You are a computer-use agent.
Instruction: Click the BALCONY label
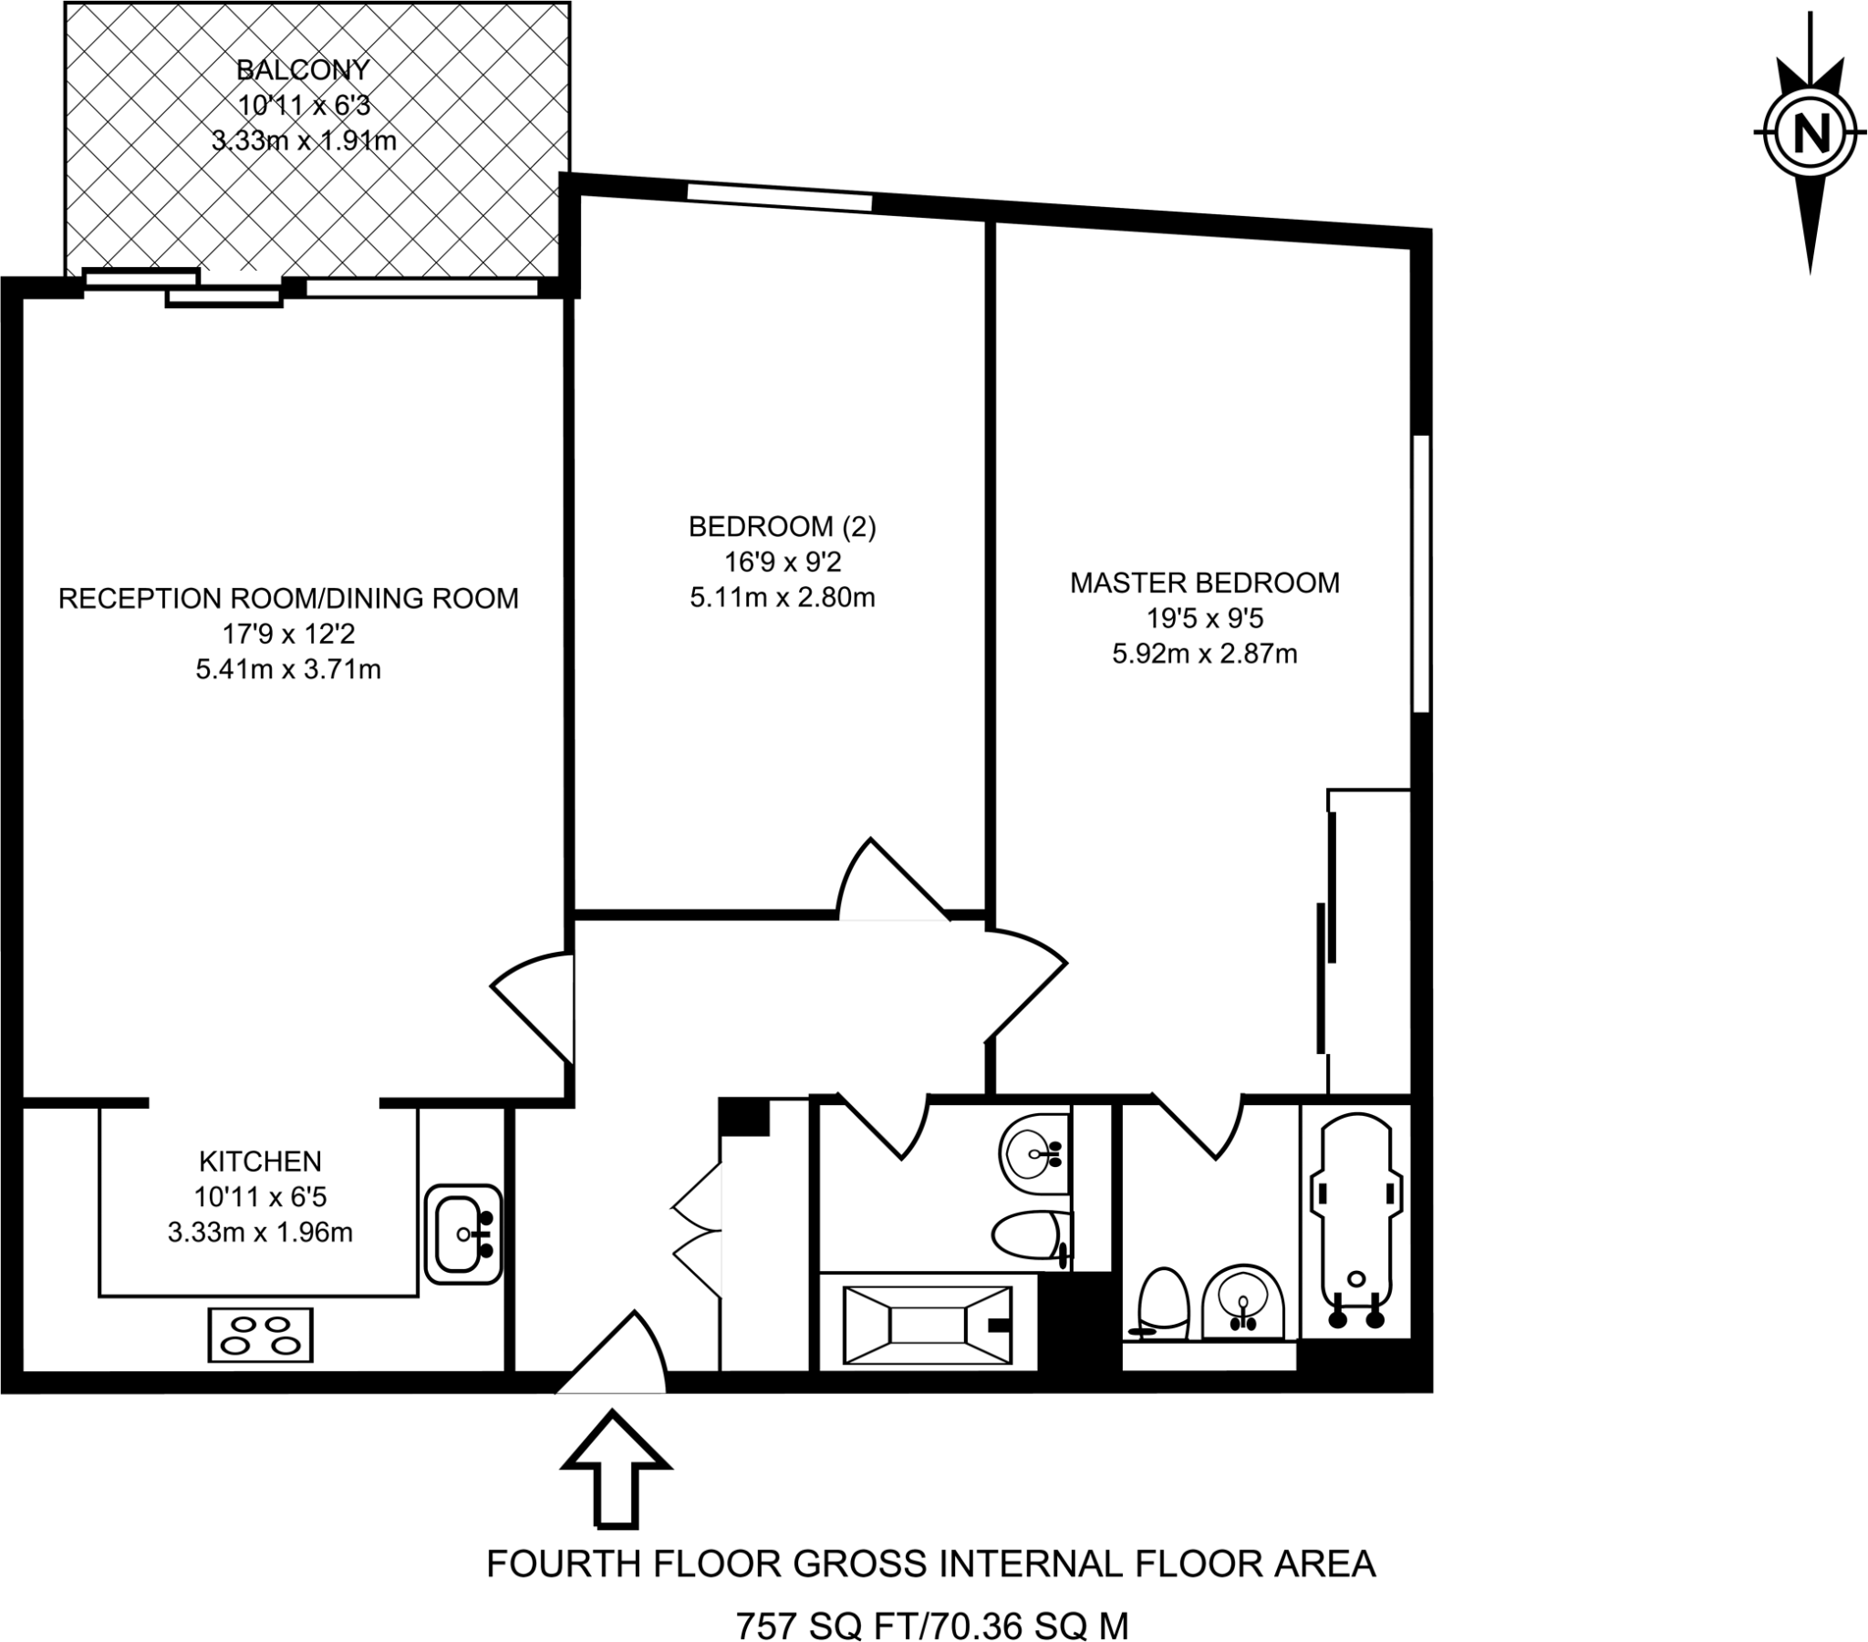[x=304, y=69]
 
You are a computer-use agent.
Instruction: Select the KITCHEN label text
[x=261, y=1162]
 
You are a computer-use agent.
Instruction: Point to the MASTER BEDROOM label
[x=1205, y=583]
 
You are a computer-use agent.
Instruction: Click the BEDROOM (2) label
[x=783, y=526]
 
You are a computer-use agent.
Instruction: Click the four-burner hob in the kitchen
[x=261, y=1335]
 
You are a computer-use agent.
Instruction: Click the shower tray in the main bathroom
[x=928, y=1325]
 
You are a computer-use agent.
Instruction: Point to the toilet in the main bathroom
[x=1032, y=1239]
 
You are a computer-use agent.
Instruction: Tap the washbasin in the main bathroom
[x=1034, y=1154]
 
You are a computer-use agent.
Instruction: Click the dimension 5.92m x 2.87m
[x=1205, y=655]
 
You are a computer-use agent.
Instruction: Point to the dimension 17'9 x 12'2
[x=289, y=635]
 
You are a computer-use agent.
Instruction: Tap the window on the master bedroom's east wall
[x=1421, y=573]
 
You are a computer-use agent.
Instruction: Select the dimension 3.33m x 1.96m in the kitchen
[x=261, y=1233]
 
